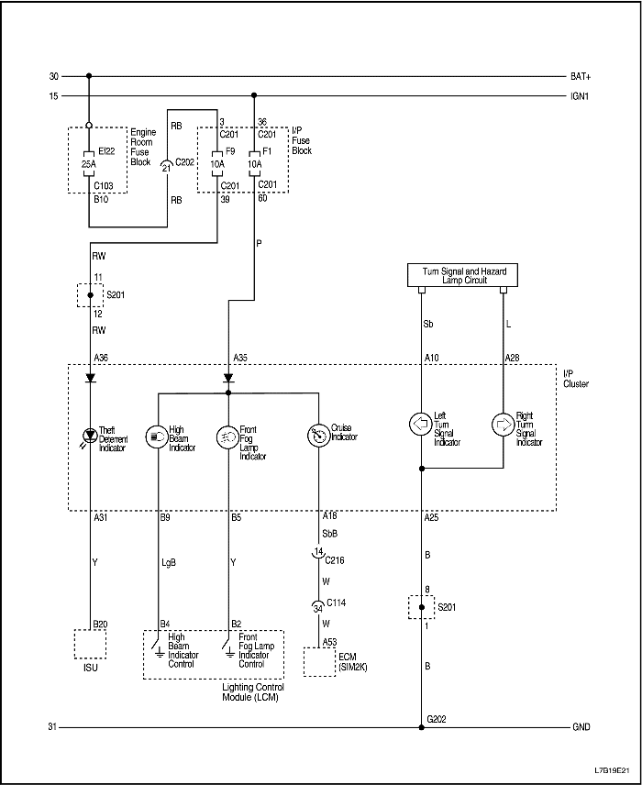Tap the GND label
click(x=581, y=727)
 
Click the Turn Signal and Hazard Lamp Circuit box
click(x=462, y=276)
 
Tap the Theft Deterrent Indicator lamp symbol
click(x=90, y=435)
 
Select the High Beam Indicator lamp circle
click(x=159, y=435)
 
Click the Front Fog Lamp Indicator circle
click(x=227, y=435)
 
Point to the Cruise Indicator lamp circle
click(x=319, y=435)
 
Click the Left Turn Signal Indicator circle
click(x=421, y=425)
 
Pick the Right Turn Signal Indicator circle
click(x=504, y=425)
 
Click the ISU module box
click(x=90, y=644)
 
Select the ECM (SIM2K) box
click(x=319, y=661)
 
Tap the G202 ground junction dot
click(x=421, y=728)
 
